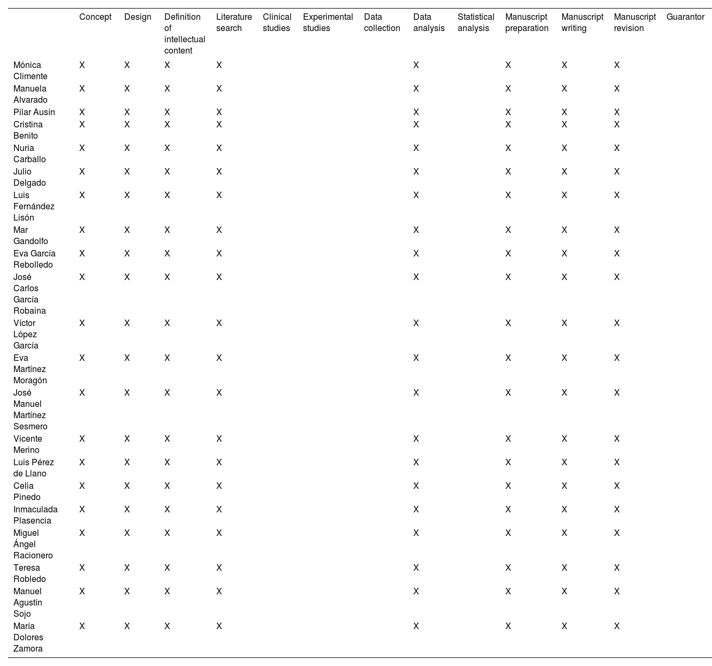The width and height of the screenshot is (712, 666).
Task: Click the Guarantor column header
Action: click(685, 17)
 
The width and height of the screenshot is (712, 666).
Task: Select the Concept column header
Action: click(95, 17)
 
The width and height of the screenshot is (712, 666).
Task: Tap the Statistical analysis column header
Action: click(475, 22)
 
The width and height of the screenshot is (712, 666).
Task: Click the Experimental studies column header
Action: click(328, 22)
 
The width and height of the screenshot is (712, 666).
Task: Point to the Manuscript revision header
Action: click(634, 22)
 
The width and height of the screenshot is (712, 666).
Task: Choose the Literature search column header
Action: click(234, 22)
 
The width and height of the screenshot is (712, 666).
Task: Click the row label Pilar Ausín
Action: click(34, 112)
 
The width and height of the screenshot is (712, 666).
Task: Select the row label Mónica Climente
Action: click(31, 71)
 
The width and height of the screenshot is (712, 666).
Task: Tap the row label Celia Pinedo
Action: click(27, 491)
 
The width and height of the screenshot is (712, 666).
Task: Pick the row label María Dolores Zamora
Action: click(28, 637)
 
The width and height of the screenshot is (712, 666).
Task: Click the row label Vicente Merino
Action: click(28, 444)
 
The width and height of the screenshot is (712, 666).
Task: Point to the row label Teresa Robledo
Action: click(29, 573)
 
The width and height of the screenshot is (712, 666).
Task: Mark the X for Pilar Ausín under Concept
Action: click(82, 112)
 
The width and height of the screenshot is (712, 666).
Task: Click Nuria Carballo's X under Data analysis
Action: click(416, 148)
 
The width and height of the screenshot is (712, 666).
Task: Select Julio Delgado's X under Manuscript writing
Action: click(564, 172)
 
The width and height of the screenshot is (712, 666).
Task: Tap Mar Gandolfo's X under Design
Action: click(127, 230)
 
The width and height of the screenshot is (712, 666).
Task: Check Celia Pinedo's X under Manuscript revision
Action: click(617, 486)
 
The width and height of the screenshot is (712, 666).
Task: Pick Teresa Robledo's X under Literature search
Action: click(219, 568)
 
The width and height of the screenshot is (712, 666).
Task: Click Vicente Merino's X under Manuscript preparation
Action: click(508, 439)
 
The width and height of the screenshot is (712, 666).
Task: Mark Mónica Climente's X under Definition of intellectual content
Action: click(167, 65)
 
